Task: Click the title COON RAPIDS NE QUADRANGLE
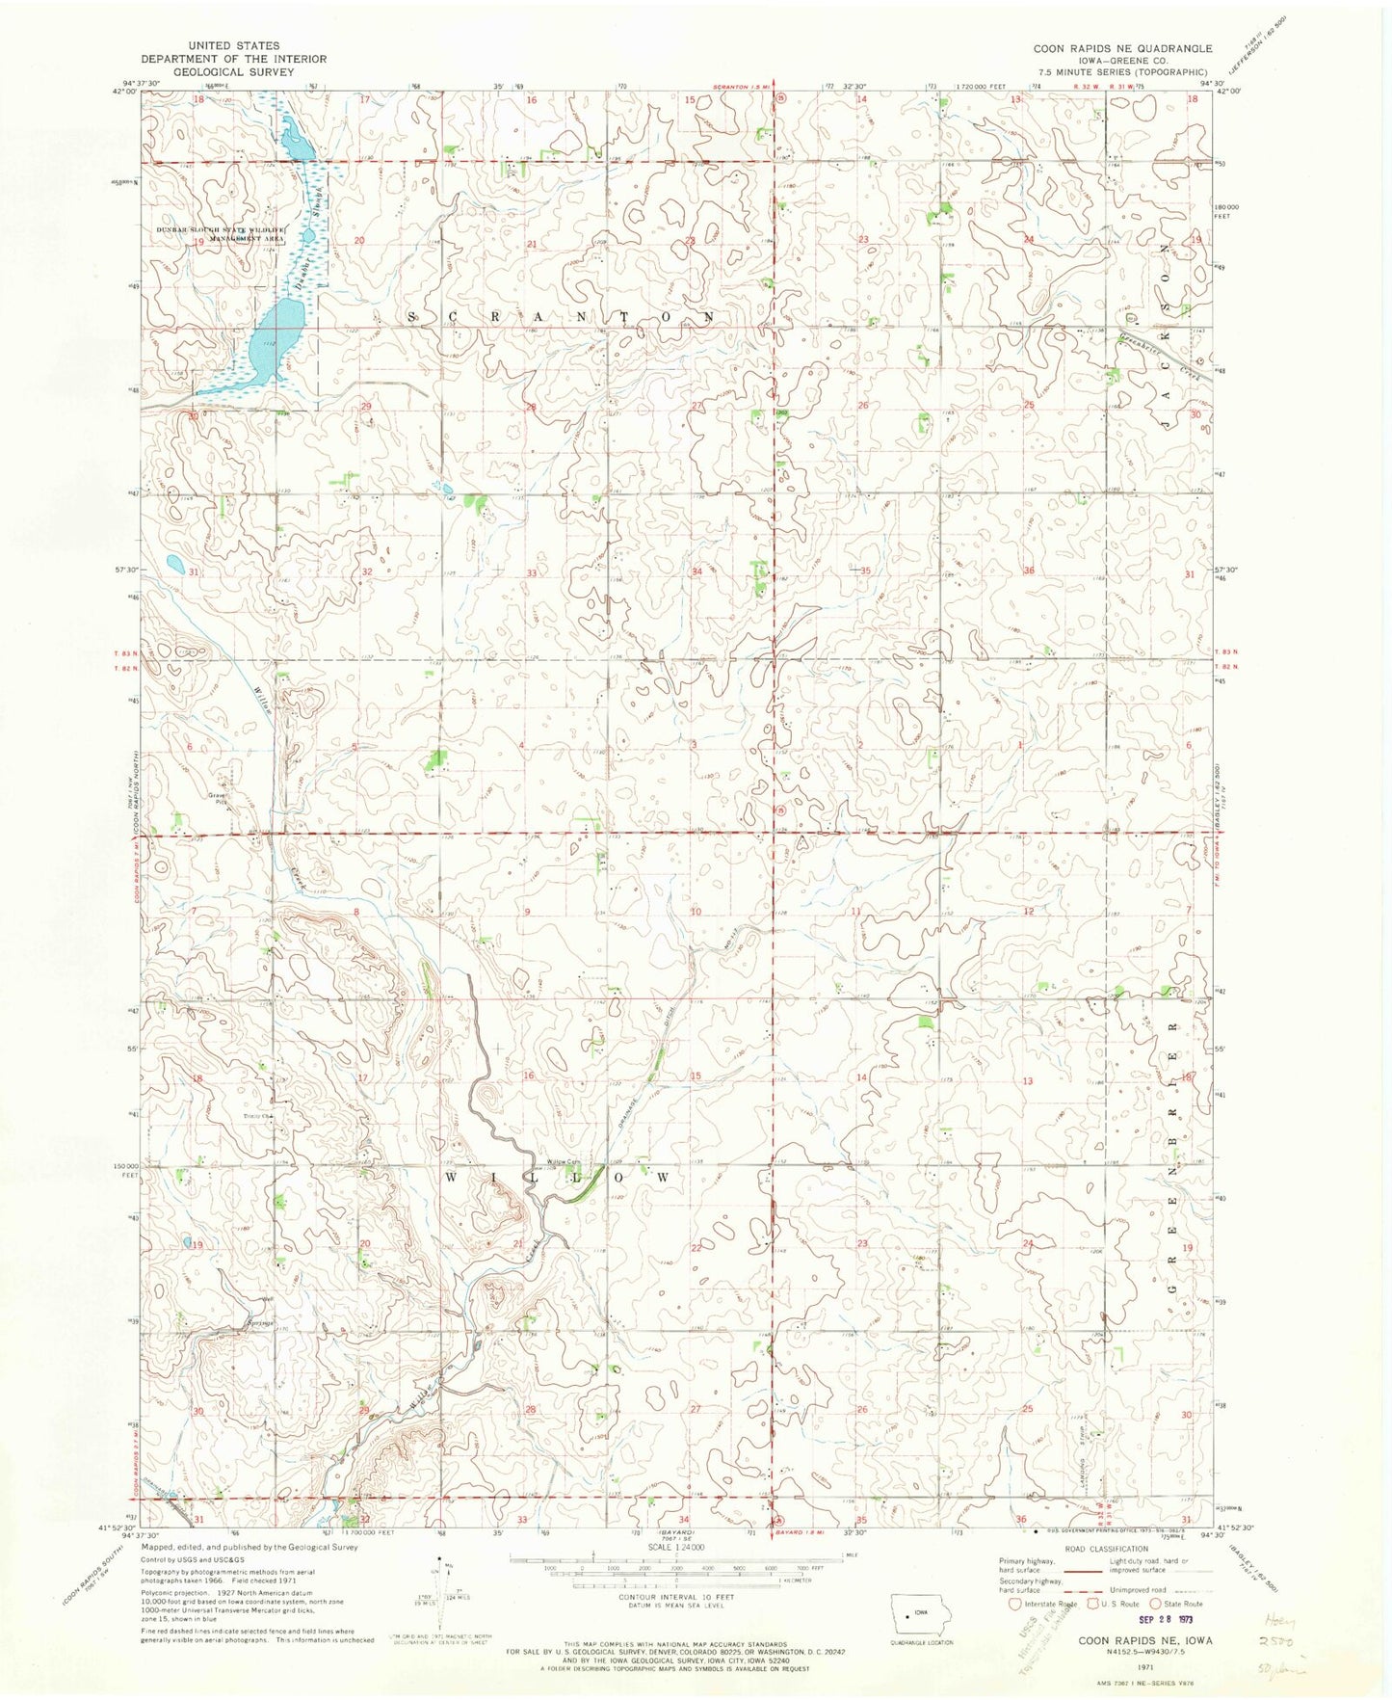click(1122, 47)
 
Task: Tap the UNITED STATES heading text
click(234, 45)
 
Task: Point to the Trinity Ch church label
click(257, 1117)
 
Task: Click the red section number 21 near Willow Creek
click(517, 1244)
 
